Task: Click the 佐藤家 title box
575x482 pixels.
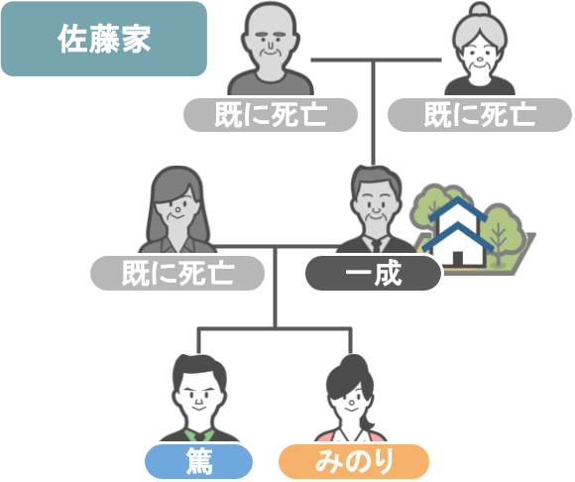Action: [104, 39]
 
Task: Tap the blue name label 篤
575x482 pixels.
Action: [198, 461]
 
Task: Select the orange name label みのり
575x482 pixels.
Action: [354, 461]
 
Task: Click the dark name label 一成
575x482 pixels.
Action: [374, 274]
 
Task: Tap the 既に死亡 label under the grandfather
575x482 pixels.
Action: [271, 115]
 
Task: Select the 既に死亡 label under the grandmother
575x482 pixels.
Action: [480, 115]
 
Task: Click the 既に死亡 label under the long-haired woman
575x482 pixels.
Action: [177, 274]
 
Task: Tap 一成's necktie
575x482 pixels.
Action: [377, 246]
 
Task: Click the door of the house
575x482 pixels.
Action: [457, 258]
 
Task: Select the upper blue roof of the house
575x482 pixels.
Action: [458, 208]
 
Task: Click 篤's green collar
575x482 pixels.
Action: [199, 435]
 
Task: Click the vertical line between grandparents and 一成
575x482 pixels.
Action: [374, 113]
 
